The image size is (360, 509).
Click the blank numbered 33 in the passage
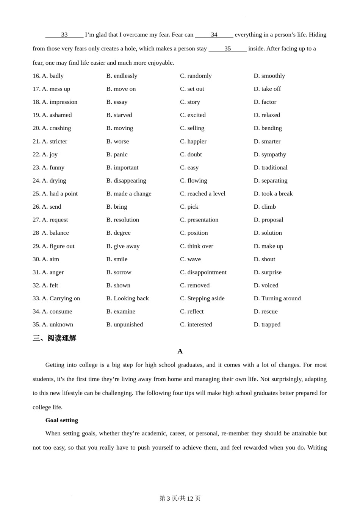tap(64, 35)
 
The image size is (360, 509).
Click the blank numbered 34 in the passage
tap(214, 35)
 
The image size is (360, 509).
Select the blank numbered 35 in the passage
tap(227, 49)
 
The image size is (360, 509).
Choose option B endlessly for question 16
tap(122, 76)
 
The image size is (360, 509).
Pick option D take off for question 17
tap(267, 89)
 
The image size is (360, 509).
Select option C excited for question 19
tap(193, 115)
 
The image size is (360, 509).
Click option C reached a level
tap(202, 194)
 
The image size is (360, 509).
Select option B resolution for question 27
tap(122, 220)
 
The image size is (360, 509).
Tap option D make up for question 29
tap(268, 246)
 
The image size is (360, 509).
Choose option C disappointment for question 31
tap(203, 272)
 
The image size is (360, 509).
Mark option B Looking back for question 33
tap(127, 298)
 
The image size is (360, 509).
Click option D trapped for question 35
tap(267, 325)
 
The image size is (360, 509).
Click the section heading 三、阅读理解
tap(54, 338)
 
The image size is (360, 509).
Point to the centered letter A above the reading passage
tap(180, 351)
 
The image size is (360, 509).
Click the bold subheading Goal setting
tap(61, 420)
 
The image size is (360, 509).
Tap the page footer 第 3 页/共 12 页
tap(180, 498)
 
